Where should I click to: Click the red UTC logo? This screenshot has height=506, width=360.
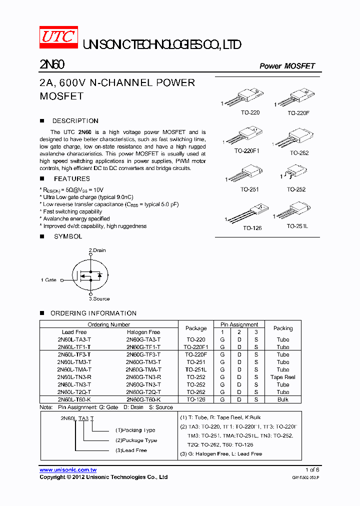pos(58,38)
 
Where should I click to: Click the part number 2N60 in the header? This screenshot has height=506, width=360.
pos(51,65)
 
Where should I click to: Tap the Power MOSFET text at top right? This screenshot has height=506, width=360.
pos(287,66)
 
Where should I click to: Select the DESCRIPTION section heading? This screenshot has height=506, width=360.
pos(75,121)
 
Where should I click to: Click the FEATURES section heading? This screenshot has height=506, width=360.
pos(72,178)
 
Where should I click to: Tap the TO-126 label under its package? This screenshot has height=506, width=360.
pos(252,228)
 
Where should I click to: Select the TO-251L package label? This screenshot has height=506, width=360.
pos(297,226)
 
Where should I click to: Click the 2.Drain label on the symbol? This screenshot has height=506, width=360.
pos(97,250)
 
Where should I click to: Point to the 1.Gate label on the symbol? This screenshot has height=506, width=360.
pos(48,280)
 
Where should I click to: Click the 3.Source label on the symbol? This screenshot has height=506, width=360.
pos(99,299)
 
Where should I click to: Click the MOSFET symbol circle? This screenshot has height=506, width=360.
pos(90,275)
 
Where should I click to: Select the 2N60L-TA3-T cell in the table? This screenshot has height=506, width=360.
pos(74,339)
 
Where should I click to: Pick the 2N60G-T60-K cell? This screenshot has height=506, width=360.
pos(143,400)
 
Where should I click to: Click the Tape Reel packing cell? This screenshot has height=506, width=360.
pos(282,377)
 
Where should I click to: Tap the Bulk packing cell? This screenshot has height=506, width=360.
pos(282,400)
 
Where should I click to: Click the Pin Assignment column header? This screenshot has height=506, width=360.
pos(239,324)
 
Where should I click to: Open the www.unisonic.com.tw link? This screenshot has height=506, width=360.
pos(68,470)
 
